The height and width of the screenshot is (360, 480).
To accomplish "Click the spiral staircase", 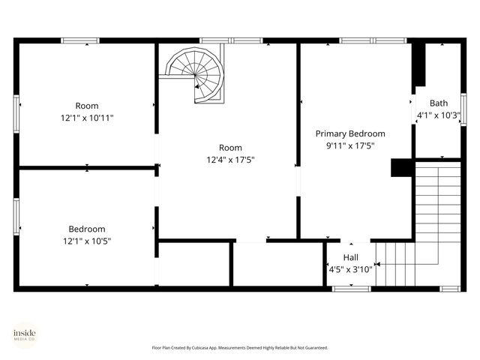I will coord(196,73).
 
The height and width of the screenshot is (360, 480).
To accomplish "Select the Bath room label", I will coord(438,103).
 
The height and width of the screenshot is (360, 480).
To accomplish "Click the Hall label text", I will coord(350,257).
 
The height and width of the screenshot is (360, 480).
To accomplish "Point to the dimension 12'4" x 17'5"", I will coord(230,160).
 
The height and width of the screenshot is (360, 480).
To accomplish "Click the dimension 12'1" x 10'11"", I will coord(87,118).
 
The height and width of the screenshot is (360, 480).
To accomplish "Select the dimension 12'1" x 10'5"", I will coord(87,241).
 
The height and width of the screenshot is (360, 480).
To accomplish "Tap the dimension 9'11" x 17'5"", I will coord(350,145).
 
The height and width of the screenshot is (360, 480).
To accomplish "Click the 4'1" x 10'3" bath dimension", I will coord(438,115).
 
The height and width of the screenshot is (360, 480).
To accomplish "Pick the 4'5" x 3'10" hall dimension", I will coord(350,269).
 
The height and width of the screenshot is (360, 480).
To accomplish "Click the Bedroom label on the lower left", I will coord(87,229).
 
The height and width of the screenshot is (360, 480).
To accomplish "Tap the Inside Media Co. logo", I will coord(25,334).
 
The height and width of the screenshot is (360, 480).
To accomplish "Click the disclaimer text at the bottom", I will coord(240,348).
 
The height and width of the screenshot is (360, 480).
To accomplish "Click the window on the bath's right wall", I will coord(463,109).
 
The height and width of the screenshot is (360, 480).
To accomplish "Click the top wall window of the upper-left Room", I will coord(80,40).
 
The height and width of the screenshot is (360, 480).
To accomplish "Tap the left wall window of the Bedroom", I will coord(16,217).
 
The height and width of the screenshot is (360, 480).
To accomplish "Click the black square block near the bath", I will coord(402,167).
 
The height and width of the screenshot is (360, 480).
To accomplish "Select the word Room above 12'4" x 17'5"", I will coord(230,148).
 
